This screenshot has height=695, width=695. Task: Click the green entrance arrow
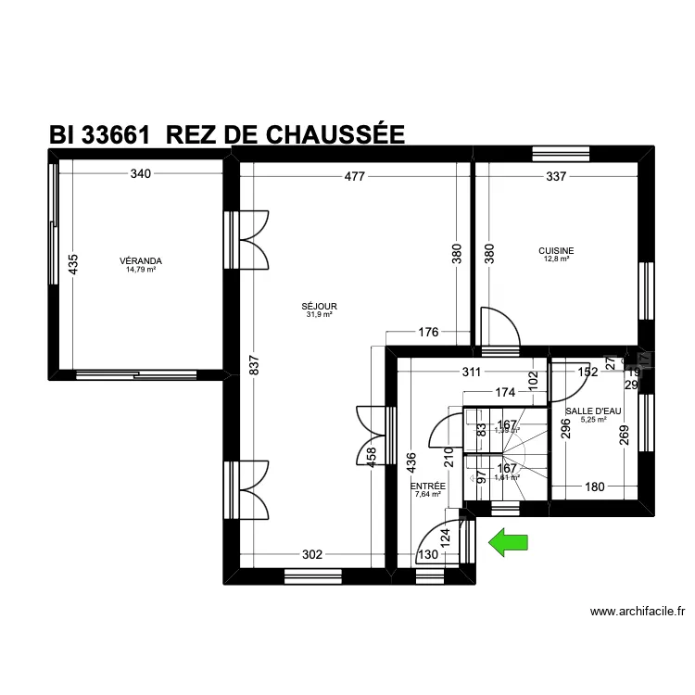pos(508,541)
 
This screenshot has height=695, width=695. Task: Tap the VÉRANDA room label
pos(141,261)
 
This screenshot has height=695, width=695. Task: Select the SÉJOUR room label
pos(319,306)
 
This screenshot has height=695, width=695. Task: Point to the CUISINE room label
pos(556,250)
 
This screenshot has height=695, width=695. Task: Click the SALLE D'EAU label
pos(593,411)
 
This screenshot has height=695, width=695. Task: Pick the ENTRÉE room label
pos(428,486)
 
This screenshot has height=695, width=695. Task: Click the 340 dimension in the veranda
pos(141,173)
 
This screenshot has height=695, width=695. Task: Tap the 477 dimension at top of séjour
pos(355,175)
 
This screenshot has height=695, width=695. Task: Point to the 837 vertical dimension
pos(252,367)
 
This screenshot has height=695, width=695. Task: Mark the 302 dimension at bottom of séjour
pos(312,554)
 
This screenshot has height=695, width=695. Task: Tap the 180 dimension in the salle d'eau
pos(593,486)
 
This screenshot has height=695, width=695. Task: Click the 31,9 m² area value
pos(319,314)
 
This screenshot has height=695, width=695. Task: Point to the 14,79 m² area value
pos(141,270)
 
